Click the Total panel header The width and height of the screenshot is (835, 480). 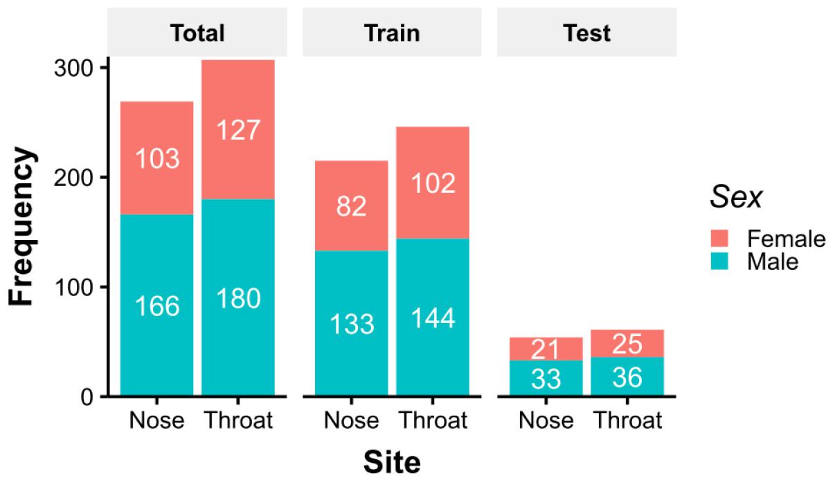[x=198, y=33]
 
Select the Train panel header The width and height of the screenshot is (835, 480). [x=392, y=33]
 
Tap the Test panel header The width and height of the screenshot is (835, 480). [x=586, y=33]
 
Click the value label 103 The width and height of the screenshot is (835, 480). [x=157, y=159]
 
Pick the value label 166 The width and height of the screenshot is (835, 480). [x=157, y=306]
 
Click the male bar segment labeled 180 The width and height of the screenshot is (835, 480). [x=238, y=298]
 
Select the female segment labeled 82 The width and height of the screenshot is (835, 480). [x=351, y=205]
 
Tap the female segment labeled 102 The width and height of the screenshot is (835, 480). [x=433, y=183]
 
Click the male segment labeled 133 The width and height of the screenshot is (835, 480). [x=351, y=323]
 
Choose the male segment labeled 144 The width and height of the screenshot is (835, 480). [x=433, y=317]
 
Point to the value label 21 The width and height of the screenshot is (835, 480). [x=546, y=350]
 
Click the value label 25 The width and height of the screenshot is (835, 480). [x=627, y=343]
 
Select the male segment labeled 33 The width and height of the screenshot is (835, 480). [x=546, y=378]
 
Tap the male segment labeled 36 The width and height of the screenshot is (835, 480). [x=627, y=378]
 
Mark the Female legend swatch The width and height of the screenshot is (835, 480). [x=722, y=239]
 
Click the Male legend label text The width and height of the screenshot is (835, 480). [x=773, y=261]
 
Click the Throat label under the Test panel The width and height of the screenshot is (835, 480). [x=627, y=420]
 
